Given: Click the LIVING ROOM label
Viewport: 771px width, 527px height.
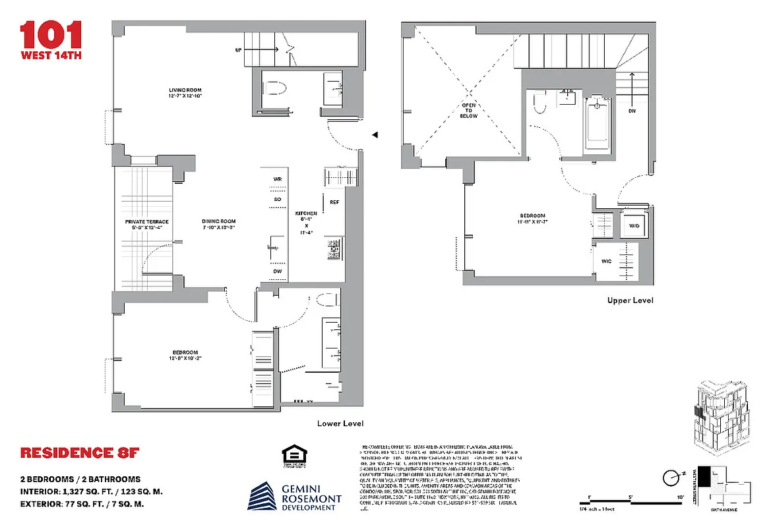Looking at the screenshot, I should pos(185,93).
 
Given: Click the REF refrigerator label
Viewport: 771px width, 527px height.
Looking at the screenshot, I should pos(334,202).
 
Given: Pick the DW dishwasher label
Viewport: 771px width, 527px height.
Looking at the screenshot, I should pos(277,271).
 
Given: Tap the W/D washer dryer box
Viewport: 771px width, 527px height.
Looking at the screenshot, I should pos(634,226).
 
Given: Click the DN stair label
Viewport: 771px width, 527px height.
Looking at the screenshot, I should pos(632,111).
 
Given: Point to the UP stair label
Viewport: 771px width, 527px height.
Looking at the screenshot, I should pos(238,49).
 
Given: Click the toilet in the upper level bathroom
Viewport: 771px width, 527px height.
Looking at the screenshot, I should pos(540,103).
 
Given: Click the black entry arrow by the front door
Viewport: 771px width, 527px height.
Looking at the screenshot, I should pos(375,135).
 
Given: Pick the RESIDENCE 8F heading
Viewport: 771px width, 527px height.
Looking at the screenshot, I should pos(80,453).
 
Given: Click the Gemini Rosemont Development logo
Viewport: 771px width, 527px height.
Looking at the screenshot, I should pos(295,496).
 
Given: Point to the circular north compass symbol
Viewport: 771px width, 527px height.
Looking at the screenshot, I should pos(671,476).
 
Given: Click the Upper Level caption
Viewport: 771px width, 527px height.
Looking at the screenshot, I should pos(630,300).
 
